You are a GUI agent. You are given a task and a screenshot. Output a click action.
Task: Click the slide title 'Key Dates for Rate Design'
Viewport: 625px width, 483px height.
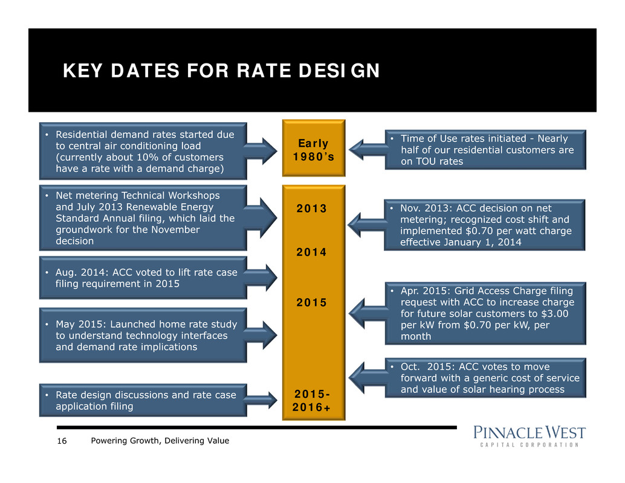tap(221, 72)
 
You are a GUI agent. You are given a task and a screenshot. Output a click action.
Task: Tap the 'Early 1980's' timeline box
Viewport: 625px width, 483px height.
tap(313, 149)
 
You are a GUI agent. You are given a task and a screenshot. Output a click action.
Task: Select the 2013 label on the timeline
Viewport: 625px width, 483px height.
tap(312, 209)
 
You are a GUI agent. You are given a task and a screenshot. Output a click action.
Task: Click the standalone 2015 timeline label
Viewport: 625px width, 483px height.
tap(312, 302)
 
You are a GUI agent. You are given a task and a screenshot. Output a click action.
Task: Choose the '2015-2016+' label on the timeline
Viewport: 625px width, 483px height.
tap(313, 401)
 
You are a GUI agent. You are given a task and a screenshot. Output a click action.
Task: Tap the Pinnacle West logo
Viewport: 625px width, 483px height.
tap(529, 436)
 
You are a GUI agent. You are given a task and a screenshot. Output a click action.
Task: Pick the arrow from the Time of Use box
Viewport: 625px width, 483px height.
tap(366, 149)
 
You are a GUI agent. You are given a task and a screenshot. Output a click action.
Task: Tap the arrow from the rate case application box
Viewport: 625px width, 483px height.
tap(262, 400)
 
